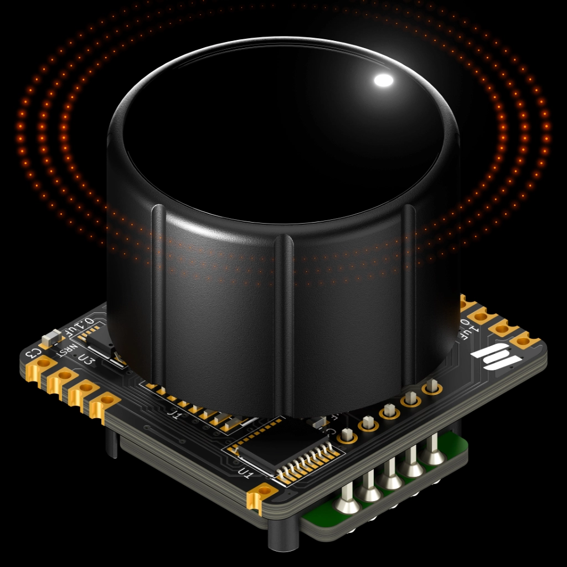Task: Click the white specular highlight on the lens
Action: (383, 80)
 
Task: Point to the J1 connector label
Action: (174, 413)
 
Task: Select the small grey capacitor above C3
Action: (51, 337)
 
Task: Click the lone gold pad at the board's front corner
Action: (262, 492)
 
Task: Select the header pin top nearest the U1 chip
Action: (347, 434)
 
